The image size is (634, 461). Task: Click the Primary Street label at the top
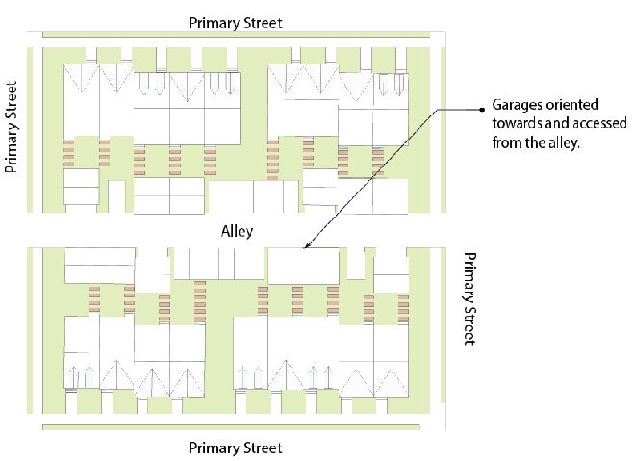(x=236, y=22)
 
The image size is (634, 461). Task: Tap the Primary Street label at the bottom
(x=236, y=448)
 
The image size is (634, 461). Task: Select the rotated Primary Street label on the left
(x=13, y=126)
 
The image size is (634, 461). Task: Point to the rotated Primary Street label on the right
(x=469, y=299)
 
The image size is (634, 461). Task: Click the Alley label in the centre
(x=237, y=232)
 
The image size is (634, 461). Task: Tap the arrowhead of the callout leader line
(x=307, y=248)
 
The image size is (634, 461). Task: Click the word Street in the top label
(x=262, y=22)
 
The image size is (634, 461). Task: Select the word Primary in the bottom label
(x=214, y=448)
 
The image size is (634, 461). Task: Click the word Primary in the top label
(x=214, y=22)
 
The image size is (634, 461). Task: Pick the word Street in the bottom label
(x=262, y=448)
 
